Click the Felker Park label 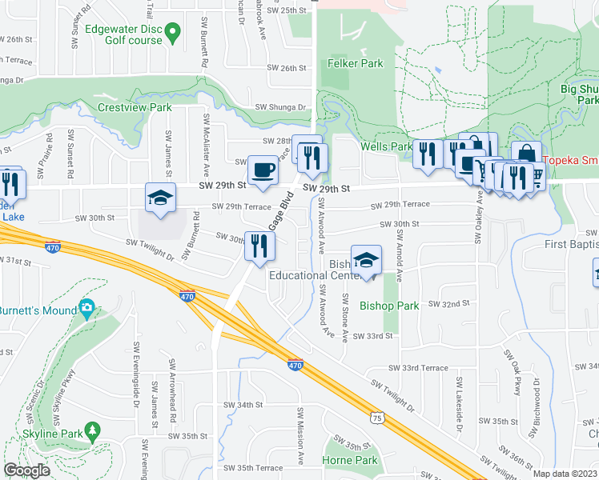click(x=355, y=63)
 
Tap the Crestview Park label click(x=135, y=106)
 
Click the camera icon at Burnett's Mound click(x=86, y=308)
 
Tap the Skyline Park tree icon click(x=92, y=431)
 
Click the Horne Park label click(x=349, y=460)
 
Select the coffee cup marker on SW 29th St click(x=262, y=170)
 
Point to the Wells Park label click(x=385, y=146)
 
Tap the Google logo click(x=26, y=470)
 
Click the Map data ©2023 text click(x=565, y=474)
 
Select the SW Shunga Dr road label click(x=281, y=107)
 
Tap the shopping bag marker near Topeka click(x=526, y=152)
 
